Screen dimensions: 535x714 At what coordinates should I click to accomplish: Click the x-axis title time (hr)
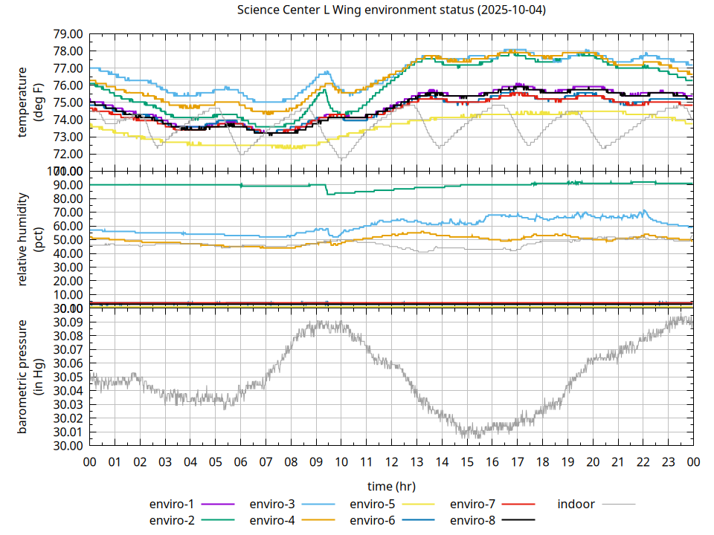[391, 486]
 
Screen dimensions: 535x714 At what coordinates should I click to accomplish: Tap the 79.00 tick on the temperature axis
[68, 34]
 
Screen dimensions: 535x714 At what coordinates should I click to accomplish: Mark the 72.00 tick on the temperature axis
[68, 155]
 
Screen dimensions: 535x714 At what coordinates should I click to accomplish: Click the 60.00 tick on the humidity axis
[68, 226]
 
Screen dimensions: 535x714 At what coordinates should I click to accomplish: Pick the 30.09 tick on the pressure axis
[68, 322]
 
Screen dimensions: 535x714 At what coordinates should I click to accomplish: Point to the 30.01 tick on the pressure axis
[68, 432]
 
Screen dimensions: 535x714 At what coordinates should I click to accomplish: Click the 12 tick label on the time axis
[391, 462]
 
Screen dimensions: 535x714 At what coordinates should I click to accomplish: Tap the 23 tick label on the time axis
[668, 462]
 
